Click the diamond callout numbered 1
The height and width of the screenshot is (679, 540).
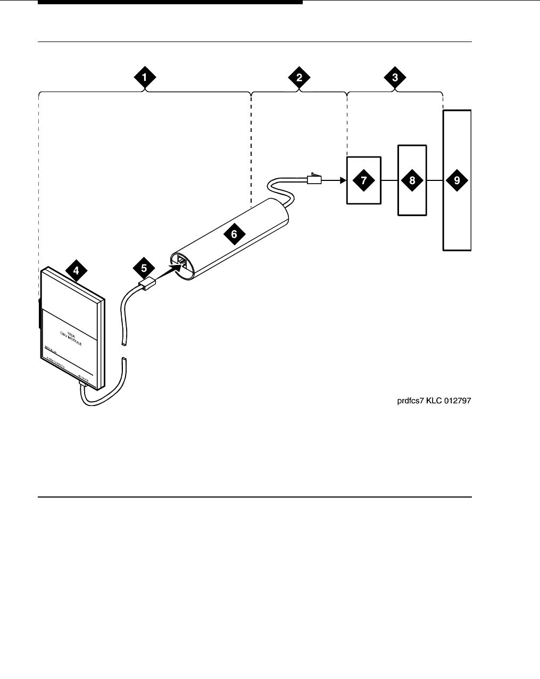144,77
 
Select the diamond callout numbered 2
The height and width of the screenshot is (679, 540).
300,77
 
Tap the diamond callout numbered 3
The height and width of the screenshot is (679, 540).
395,77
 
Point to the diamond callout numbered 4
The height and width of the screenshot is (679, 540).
76,270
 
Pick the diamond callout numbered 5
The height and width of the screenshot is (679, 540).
143,266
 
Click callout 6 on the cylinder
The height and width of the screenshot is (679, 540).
234,233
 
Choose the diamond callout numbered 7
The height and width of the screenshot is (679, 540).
364,180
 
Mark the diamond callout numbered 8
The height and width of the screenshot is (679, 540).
412,180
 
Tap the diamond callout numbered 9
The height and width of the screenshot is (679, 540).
457,180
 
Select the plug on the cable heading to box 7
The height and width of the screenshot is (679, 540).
313,179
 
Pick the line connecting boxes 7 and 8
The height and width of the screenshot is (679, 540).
390,180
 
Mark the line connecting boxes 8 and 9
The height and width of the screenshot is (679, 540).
435,180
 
